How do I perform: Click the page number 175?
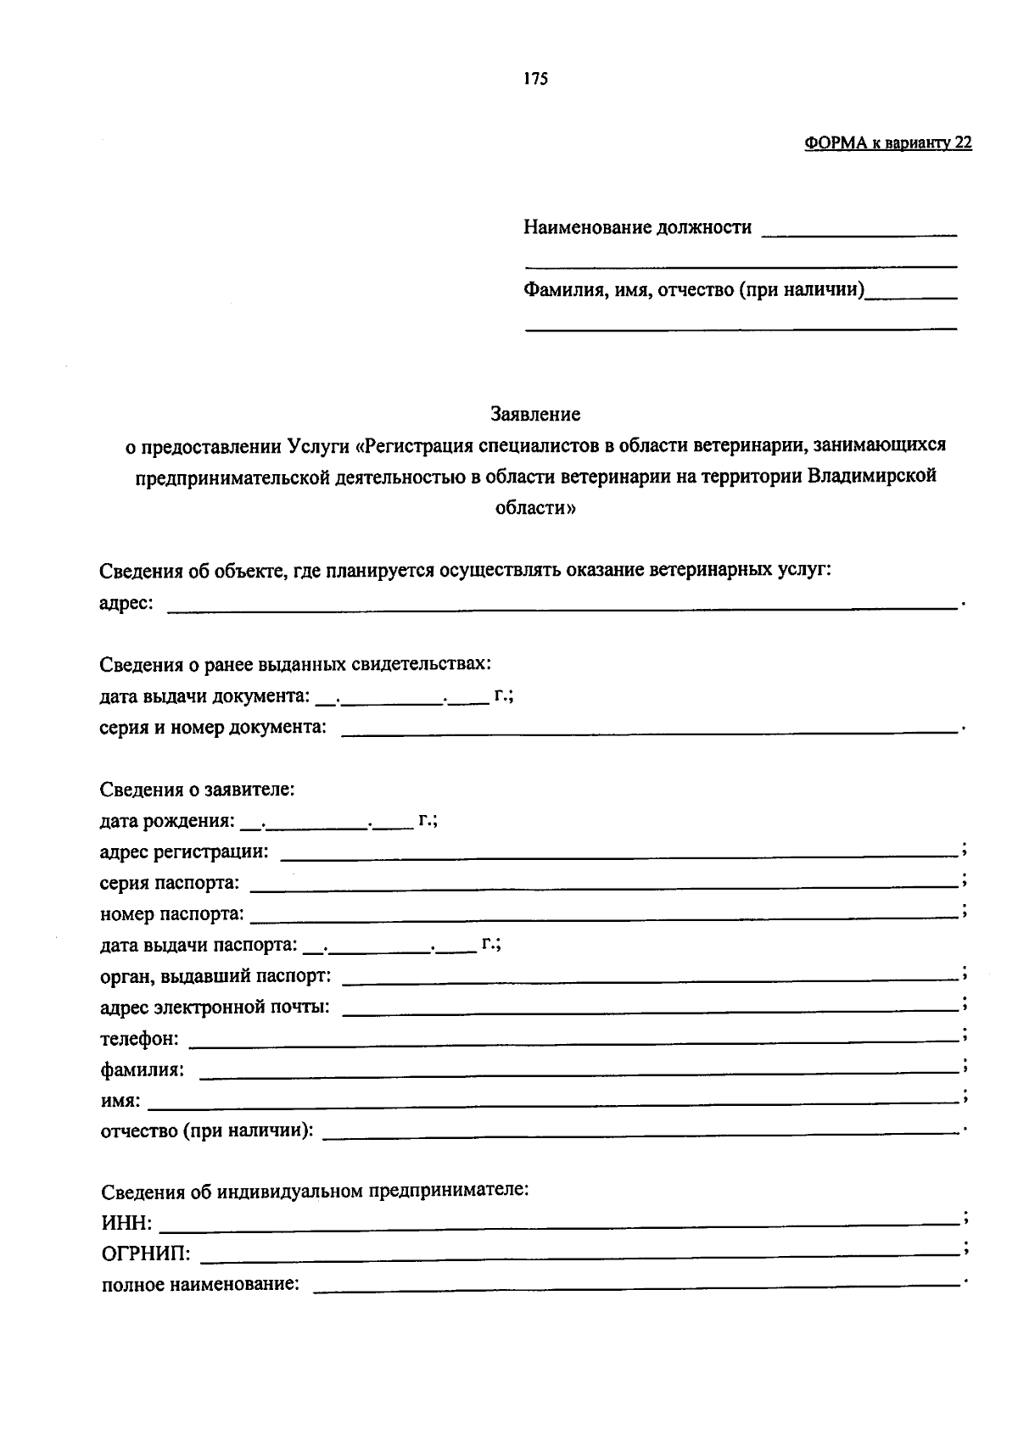[535, 79]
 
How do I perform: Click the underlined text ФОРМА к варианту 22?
[887, 143]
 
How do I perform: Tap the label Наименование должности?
[637, 227]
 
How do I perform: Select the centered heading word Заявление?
[535, 414]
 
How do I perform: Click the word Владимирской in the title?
[871, 476]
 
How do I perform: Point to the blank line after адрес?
[560, 604]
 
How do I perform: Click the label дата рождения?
[167, 821]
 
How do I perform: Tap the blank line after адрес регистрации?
[618, 851]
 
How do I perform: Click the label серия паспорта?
[170, 883]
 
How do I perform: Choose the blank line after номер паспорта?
[604, 914]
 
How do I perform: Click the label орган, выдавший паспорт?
[216, 975]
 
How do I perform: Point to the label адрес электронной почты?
[215, 1008]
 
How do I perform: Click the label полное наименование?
[201, 1285]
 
